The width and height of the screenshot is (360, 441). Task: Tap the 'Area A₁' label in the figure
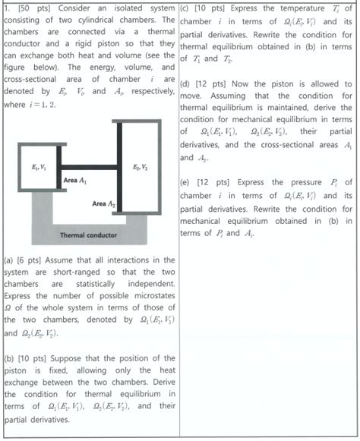tap(75, 180)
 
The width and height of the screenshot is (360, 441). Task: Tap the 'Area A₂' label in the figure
tap(104, 204)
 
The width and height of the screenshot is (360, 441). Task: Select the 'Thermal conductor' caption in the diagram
tap(84, 235)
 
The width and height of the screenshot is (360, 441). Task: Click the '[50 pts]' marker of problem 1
tap(29, 8)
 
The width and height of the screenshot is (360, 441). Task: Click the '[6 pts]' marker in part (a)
tap(33, 259)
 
